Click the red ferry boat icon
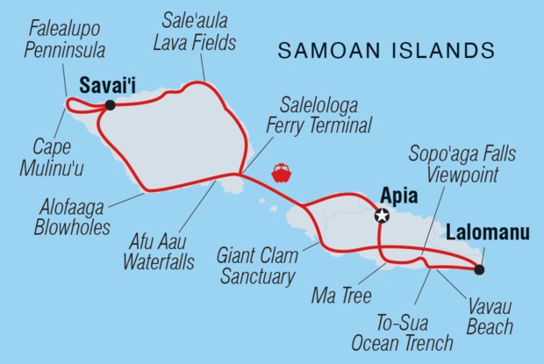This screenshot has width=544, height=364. tap(282, 173)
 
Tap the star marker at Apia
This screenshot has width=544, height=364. tap(382, 215)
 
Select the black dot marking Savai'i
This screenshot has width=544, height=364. tap(110, 105)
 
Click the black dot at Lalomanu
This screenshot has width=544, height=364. tap(478, 269)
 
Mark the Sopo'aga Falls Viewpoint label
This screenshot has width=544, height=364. tap(462, 165)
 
